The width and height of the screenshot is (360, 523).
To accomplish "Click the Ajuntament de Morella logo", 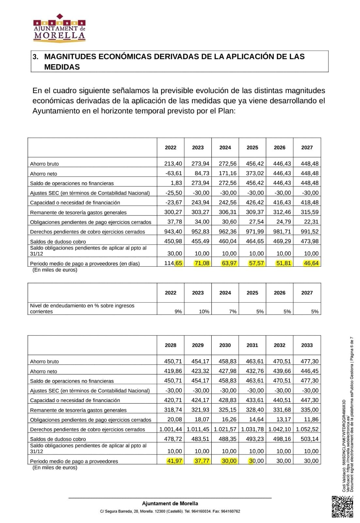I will (x=59, y=28).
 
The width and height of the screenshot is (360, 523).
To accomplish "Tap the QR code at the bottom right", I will (x=342, y=507).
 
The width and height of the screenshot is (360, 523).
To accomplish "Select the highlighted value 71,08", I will (x=202, y=263).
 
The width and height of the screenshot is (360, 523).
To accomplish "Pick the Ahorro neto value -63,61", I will (x=174, y=173).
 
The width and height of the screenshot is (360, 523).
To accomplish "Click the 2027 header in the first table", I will (x=307, y=148).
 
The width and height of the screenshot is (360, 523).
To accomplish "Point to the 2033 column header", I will (x=307, y=345).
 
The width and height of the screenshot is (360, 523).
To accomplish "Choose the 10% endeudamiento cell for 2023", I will (x=204, y=312).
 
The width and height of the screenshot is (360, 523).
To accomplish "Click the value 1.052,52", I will (x=307, y=429).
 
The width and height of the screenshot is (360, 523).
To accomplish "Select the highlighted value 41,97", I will (x=174, y=461).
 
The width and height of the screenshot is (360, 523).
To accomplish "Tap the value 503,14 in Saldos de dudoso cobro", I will (x=309, y=439).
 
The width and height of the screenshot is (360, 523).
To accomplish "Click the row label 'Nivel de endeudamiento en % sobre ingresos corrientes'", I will (x=82, y=309).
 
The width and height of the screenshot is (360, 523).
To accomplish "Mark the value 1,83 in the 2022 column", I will (x=176, y=183).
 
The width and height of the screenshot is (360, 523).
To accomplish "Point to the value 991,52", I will (x=309, y=231).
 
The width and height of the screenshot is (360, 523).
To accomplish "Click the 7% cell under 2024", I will (x=233, y=312).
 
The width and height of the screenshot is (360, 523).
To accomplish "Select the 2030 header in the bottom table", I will (x=225, y=345).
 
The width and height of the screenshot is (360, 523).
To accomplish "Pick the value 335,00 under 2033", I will (x=309, y=410).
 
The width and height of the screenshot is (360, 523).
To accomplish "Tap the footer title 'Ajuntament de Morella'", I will (x=170, y=503).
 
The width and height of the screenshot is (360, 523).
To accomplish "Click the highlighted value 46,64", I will (x=311, y=263).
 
